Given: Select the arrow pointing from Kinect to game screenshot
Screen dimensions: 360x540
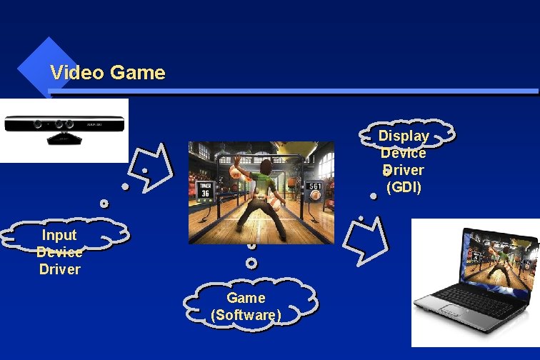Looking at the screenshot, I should [x=154, y=168].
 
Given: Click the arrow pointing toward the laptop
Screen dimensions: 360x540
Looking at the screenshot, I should [x=366, y=239].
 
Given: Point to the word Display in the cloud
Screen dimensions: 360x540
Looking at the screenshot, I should [x=404, y=136].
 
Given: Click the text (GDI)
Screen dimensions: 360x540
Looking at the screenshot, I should [x=404, y=188].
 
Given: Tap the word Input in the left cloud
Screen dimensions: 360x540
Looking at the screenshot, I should [x=59, y=235].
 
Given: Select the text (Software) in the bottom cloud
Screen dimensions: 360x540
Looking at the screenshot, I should [x=246, y=315].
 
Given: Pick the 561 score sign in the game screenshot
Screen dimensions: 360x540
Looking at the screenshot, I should [x=315, y=191].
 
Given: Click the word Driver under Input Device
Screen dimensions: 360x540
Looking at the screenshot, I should [x=59, y=269].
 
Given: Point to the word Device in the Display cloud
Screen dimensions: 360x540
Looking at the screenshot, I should [x=404, y=153].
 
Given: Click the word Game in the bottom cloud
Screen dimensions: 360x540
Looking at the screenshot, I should [x=246, y=298].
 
